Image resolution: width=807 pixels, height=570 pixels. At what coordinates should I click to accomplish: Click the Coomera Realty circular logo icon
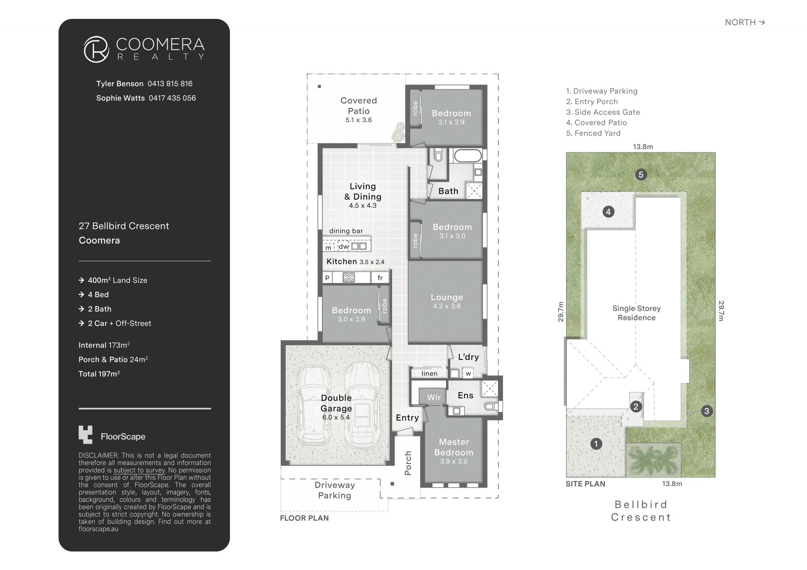pyautogui.click(x=96, y=49)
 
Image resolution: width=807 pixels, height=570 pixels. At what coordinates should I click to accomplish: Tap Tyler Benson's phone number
pyautogui.click(x=170, y=84)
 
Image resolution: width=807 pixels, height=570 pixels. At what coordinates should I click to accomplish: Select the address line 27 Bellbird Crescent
pyautogui.click(x=124, y=226)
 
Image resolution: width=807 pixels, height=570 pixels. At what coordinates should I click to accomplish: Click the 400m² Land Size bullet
pyautogui.click(x=113, y=280)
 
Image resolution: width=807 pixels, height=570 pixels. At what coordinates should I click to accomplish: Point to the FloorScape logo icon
pyautogui.click(x=85, y=435)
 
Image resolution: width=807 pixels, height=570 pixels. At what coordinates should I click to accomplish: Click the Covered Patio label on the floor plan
pyautogui.click(x=359, y=106)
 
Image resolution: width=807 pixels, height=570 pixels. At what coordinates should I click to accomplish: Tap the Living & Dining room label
pyautogui.click(x=363, y=192)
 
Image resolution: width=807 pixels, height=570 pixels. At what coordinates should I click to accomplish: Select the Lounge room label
pyautogui.click(x=447, y=297)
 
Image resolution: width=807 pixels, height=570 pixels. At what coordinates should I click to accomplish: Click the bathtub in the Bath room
pyautogui.click(x=467, y=156)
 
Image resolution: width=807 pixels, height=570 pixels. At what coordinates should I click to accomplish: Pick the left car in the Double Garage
pyautogui.click(x=314, y=406)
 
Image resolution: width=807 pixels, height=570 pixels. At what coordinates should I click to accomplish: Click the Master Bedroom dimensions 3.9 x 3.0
pyautogui.click(x=454, y=461)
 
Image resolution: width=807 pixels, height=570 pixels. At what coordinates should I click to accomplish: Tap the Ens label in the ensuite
pyautogui.click(x=465, y=395)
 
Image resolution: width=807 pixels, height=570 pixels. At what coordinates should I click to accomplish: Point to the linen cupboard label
pyautogui.click(x=429, y=373)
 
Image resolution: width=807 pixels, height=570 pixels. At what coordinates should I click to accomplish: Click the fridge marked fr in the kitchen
pyautogui.click(x=380, y=278)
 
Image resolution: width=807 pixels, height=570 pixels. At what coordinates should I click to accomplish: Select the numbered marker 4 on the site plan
pyautogui.click(x=608, y=212)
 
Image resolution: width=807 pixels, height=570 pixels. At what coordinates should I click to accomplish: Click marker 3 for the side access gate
pyautogui.click(x=707, y=411)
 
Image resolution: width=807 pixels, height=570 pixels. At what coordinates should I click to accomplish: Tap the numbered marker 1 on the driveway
pyautogui.click(x=596, y=444)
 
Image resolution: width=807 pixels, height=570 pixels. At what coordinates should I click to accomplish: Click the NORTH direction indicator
pyautogui.click(x=745, y=22)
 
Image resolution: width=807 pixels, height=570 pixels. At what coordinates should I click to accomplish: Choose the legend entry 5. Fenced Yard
pyautogui.click(x=593, y=133)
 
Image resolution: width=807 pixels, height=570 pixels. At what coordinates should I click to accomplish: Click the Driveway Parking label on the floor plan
pyautogui.click(x=335, y=490)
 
